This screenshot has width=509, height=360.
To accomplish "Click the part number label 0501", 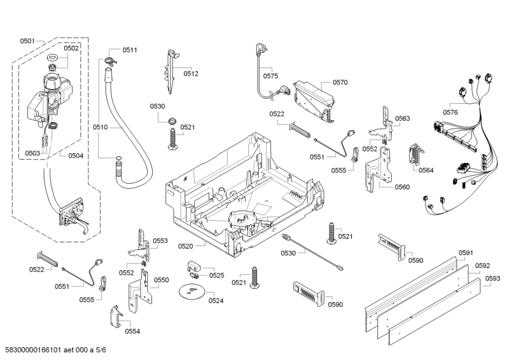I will point(27,41).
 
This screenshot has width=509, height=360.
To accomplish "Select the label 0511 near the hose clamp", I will point(130,50).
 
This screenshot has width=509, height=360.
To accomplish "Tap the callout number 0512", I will point(192,74).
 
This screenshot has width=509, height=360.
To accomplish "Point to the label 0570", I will point(340,82).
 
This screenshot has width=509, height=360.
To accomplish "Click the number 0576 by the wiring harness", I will point(450,113).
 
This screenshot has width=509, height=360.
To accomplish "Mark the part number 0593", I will point(492,278).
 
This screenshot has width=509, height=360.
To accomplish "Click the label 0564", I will point(426,170).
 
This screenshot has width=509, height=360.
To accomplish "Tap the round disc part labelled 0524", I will point(190,292).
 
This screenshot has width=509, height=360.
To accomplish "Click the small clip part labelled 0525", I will point(194,265).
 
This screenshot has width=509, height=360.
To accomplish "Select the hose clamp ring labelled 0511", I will point(111,60).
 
